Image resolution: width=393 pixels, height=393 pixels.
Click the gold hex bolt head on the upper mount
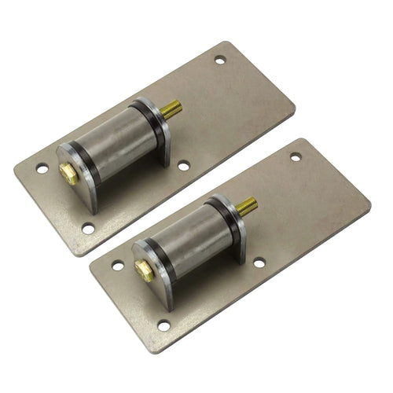(x=70, y=174)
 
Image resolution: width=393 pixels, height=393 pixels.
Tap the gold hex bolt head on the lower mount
(x=144, y=270)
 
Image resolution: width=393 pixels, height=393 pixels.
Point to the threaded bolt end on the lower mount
(x=246, y=207)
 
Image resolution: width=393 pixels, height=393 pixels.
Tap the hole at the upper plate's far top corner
(x=219, y=60)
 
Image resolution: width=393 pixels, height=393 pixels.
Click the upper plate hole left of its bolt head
(x=42, y=168)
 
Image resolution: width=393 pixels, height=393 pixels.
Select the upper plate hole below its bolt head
(x=88, y=228)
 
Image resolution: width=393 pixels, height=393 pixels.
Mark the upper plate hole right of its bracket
(x=183, y=166)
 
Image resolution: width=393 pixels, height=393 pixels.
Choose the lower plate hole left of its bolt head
(x=117, y=265)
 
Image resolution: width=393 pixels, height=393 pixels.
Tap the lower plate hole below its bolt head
(x=163, y=325)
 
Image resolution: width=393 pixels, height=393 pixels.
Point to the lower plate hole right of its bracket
(x=258, y=263)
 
